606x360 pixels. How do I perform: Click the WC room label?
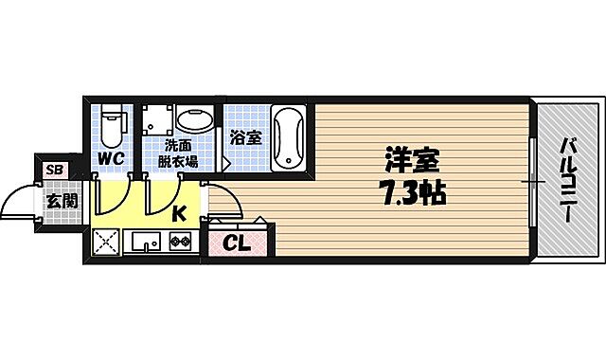coord(112,158)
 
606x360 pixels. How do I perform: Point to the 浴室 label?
coord(246,137)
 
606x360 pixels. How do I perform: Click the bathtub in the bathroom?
coord(287,138)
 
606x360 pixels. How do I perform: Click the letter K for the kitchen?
coord(178,213)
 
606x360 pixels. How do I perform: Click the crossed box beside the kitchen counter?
coord(107,243)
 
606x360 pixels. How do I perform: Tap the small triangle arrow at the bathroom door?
coord(227,163)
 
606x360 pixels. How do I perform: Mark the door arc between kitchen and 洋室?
coord(222,199)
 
